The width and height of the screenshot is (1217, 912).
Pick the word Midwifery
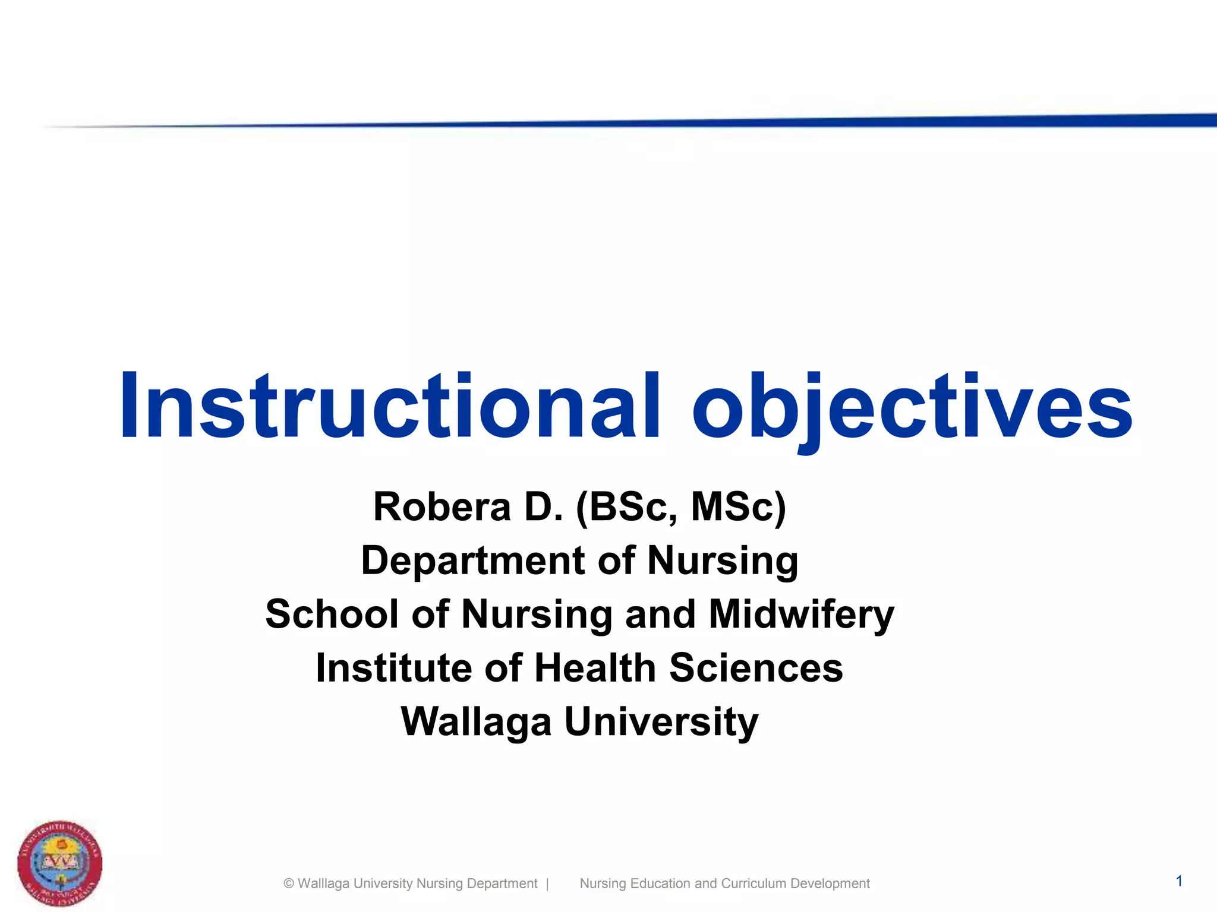(x=802, y=614)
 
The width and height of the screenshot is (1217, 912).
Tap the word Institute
(x=393, y=668)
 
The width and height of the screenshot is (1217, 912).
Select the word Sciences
(x=756, y=668)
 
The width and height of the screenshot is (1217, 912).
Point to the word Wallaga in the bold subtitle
(x=476, y=722)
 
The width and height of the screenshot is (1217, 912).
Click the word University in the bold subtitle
(x=661, y=722)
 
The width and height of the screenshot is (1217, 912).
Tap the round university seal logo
(x=59, y=863)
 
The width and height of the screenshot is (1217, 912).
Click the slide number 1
(x=1179, y=881)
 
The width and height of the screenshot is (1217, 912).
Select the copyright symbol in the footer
(x=289, y=883)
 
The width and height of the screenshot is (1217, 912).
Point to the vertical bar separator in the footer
(x=547, y=883)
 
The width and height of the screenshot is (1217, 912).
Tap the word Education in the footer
(x=660, y=883)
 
